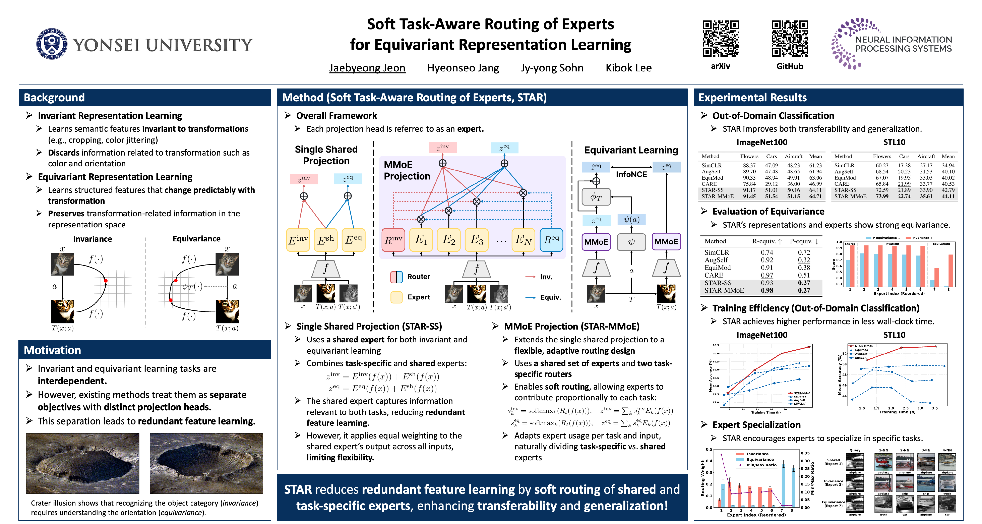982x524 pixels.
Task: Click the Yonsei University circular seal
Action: (x=52, y=44)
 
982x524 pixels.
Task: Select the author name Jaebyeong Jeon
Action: (x=367, y=68)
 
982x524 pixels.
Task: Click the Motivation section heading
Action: (x=52, y=350)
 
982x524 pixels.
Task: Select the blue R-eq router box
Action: (x=551, y=240)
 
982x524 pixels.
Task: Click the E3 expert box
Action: (x=477, y=240)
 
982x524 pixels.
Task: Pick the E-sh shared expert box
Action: (x=326, y=240)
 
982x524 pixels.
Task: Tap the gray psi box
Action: (x=631, y=242)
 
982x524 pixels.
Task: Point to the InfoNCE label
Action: (x=631, y=174)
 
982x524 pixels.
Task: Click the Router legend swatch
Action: (x=396, y=277)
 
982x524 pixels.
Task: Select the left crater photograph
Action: (x=83, y=463)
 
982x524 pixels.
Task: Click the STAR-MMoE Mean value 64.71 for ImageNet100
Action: (x=815, y=196)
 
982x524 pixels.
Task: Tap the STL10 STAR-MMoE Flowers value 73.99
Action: (x=882, y=196)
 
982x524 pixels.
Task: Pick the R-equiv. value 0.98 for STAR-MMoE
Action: (x=767, y=290)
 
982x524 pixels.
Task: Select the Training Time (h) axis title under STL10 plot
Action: (x=897, y=412)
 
